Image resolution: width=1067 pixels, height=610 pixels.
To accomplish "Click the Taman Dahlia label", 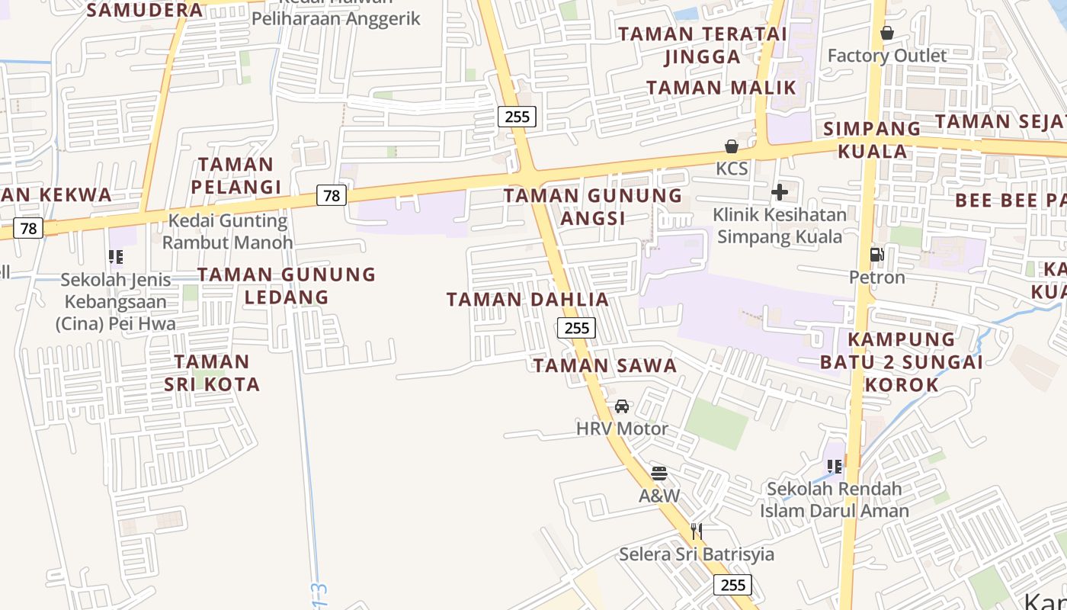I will [527, 300].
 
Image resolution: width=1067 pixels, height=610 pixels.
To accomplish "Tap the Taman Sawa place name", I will [605, 366].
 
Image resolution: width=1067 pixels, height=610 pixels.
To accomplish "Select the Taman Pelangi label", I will [236, 175].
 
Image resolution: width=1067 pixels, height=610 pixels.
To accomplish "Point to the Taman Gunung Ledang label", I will [287, 285].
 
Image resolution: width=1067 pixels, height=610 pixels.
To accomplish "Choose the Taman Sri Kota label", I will [212, 372].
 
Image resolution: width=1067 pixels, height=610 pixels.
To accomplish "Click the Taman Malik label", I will [721, 88].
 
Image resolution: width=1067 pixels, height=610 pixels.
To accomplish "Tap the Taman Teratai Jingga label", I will [703, 45].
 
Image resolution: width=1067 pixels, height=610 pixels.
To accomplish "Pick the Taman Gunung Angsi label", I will [593, 207].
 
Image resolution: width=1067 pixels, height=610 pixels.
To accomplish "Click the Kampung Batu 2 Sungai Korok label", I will [902, 361].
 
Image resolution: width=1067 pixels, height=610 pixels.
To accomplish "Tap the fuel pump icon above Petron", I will [877, 255].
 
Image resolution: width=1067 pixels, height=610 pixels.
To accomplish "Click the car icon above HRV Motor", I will [622, 406].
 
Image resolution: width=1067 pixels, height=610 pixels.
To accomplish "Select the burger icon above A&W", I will [659, 474].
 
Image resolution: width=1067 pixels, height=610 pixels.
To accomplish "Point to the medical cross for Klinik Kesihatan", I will [780, 192].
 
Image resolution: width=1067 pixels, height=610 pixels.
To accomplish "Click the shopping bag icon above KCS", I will [732, 146].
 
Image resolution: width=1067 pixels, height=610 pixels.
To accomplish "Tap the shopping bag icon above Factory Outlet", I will [887, 33].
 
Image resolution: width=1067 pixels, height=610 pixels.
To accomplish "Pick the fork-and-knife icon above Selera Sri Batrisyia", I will [696, 531].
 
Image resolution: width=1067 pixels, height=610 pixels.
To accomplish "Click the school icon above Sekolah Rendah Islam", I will [834, 466].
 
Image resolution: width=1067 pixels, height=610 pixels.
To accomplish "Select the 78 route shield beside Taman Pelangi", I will [332, 196].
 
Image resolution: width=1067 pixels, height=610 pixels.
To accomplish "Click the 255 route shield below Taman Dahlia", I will [576, 328].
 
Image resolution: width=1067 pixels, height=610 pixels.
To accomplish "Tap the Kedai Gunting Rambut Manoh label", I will [228, 232].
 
